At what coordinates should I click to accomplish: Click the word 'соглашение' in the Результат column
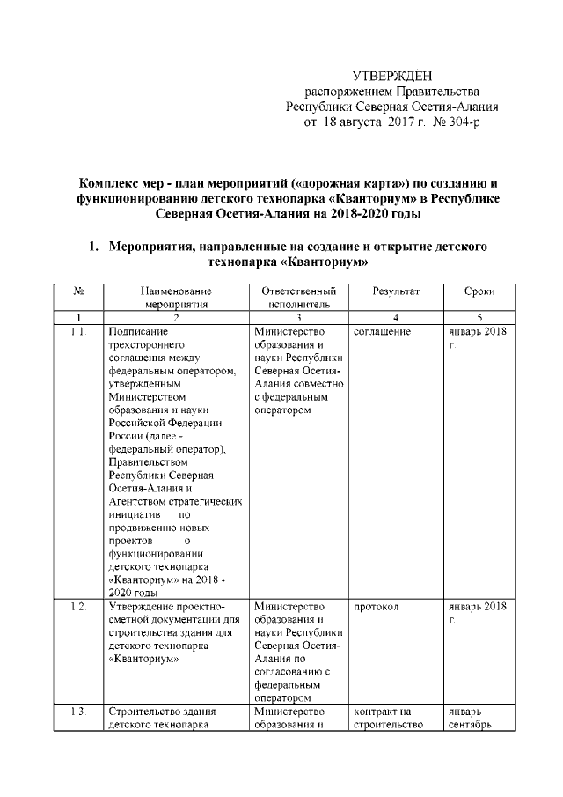[384, 331]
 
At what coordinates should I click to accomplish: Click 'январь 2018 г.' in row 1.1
[476, 338]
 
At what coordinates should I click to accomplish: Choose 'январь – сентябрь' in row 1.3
[471, 718]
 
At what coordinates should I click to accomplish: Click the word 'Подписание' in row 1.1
[134, 331]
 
